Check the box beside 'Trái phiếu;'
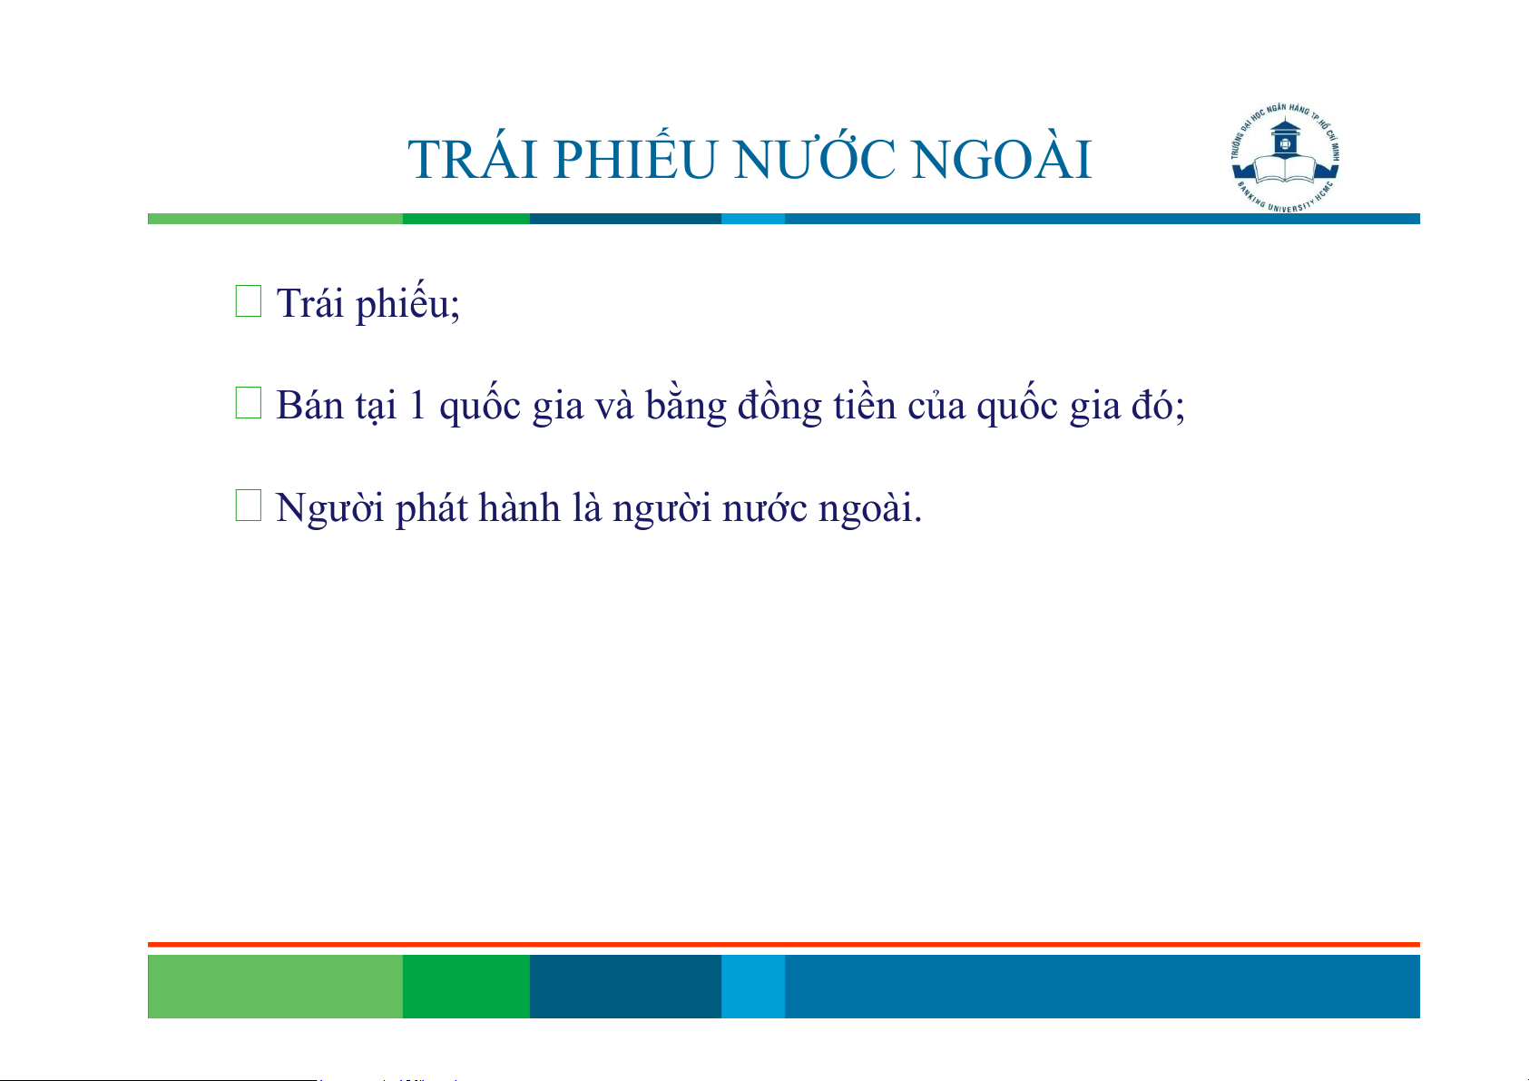249,301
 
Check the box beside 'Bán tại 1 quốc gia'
249,403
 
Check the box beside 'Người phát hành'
249,506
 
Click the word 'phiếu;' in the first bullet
408,302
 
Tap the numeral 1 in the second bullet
417,406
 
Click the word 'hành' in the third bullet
519,507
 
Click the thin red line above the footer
784,945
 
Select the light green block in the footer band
275,986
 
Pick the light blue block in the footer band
753,986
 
